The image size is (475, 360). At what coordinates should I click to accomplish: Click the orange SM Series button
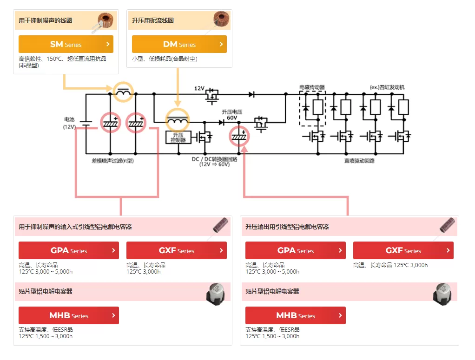(66, 44)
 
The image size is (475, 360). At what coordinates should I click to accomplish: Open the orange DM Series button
(179, 44)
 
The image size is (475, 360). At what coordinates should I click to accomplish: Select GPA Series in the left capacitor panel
(68, 250)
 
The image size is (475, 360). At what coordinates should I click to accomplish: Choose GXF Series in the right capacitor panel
(403, 250)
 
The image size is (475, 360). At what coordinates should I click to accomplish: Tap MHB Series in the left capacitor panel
(68, 315)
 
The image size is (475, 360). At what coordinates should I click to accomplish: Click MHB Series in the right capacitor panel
(295, 315)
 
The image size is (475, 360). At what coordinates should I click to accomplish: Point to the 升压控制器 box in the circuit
(178, 137)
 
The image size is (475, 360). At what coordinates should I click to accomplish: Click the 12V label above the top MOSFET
(199, 88)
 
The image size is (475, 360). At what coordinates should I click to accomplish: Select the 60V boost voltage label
(232, 118)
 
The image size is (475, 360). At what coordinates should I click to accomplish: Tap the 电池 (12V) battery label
(69, 123)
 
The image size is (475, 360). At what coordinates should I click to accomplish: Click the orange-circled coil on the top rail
(123, 92)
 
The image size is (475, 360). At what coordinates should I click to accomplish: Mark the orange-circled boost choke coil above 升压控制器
(178, 120)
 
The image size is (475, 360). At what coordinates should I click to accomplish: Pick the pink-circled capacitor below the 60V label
(239, 137)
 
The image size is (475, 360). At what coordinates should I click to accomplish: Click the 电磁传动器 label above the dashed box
(312, 87)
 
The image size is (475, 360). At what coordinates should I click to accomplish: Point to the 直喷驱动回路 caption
(360, 161)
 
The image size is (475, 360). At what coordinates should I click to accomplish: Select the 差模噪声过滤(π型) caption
(112, 161)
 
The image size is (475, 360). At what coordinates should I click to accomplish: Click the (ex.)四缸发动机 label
(387, 87)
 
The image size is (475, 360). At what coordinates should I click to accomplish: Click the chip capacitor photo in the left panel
(216, 294)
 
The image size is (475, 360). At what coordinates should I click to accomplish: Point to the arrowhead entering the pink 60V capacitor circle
(244, 149)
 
